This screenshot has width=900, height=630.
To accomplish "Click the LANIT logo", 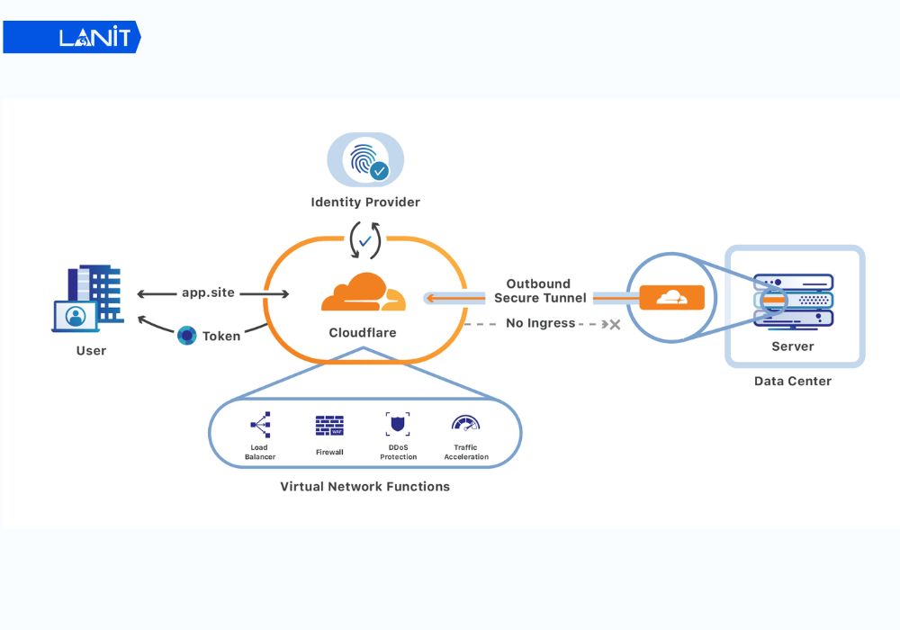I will tap(72, 37).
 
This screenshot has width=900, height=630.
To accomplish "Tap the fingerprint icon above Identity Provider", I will tap(364, 159).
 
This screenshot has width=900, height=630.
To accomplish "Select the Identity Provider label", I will tap(365, 202).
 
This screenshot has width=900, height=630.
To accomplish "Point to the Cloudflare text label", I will tap(363, 333).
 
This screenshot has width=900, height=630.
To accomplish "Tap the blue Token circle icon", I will tap(187, 336).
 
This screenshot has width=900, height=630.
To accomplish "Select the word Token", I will tap(221, 336).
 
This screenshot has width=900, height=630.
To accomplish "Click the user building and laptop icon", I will tap(87, 298).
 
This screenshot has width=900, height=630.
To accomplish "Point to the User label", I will tap(91, 350).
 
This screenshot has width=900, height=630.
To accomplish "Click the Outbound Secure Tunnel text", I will tap(539, 291).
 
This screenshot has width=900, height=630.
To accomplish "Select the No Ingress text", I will tap(540, 323).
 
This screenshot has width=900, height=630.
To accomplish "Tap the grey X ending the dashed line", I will tap(616, 324).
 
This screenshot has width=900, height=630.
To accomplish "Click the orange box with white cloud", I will tap(667, 297).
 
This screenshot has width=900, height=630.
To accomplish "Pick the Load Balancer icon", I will tap(260, 425).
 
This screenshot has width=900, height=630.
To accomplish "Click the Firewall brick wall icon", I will tap(329, 426).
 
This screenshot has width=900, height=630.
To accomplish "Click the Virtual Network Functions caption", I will tap(364, 487).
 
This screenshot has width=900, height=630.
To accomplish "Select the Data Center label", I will tap(793, 381).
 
